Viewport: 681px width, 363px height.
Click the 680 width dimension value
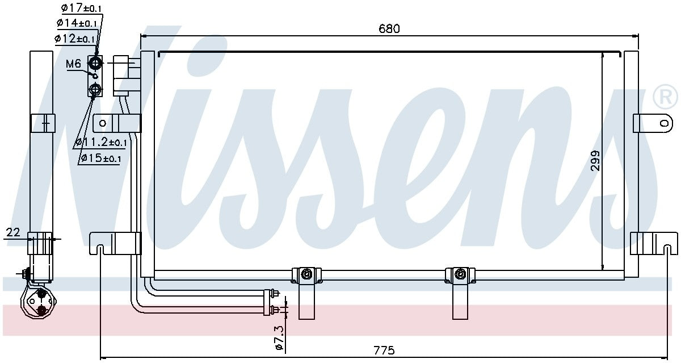click(389, 28)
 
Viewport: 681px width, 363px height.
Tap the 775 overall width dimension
click(384, 351)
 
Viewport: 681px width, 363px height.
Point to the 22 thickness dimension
click(13, 232)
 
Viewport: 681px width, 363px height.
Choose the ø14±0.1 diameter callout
click(75, 23)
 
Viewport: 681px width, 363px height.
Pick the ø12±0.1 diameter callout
click(74, 39)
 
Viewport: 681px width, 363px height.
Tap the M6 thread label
click(74, 64)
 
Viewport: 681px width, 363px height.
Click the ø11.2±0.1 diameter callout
click(101, 142)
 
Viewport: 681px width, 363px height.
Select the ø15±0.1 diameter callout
click(101, 158)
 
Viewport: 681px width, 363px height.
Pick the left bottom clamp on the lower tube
click(306, 275)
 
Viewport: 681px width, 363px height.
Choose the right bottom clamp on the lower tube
click(460, 275)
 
